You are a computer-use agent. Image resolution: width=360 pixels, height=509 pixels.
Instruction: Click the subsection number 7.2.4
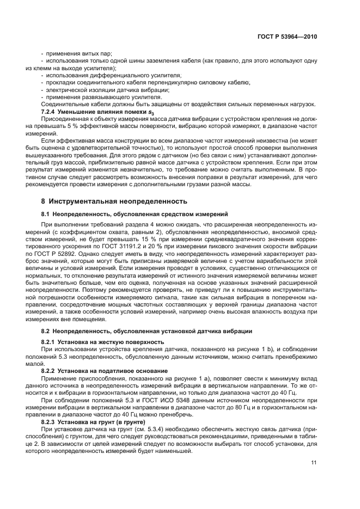click(51, 111)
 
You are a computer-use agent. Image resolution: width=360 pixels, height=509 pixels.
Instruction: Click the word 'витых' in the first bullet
click(83, 53)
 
